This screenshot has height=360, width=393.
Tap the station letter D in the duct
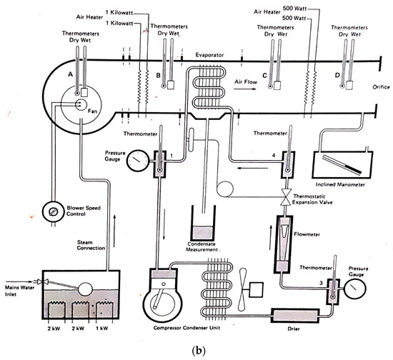click(336, 74)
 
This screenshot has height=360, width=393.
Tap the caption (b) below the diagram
click(196, 351)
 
